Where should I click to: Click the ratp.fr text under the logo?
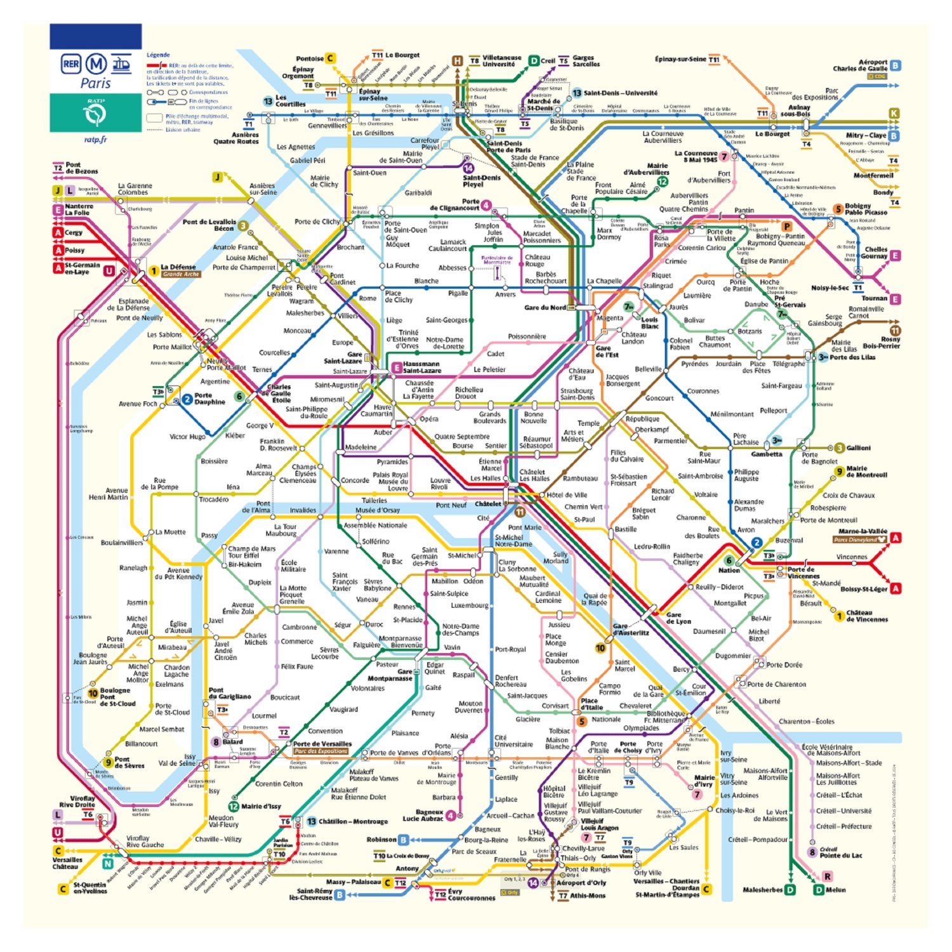click(96, 140)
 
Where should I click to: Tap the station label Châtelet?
click(487, 504)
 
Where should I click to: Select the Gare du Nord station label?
click(545, 308)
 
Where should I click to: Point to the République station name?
click(642, 419)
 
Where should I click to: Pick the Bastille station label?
click(625, 529)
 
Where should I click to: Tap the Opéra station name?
click(429, 419)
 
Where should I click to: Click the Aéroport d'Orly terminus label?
click(581, 883)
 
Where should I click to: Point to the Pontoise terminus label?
click(310, 58)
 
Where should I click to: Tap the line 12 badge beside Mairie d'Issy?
click(233, 807)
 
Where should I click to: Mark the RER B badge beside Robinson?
click(402, 840)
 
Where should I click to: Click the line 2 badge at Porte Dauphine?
click(187, 399)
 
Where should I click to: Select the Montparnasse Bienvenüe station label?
click(400, 642)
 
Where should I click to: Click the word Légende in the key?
click(158, 55)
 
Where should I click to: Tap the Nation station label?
click(729, 570)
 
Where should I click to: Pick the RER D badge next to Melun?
click(819, 890)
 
